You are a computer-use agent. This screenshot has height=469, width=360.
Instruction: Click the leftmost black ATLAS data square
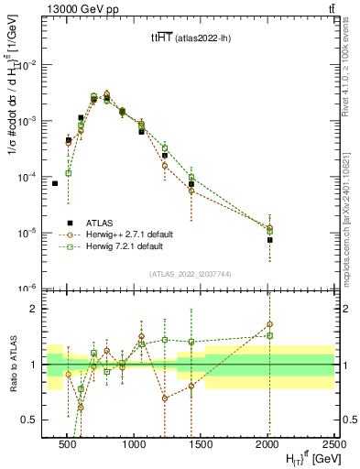pos(55,183)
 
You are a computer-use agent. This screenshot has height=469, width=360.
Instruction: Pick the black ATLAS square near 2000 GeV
pos(269,240)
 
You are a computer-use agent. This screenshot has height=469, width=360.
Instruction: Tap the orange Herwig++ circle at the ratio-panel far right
pos(269,324)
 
